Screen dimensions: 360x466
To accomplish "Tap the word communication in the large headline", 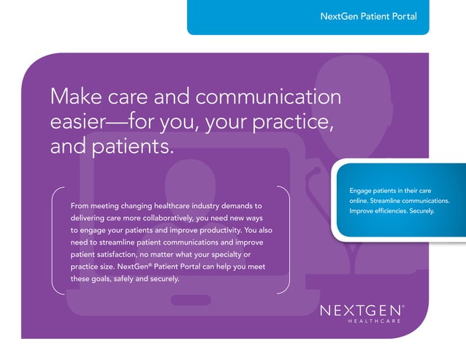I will point(268,96).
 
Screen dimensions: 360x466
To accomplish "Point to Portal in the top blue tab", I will point(402,16).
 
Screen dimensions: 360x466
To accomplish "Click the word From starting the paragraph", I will point(80,206).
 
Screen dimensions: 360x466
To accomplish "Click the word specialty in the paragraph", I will point(215,254).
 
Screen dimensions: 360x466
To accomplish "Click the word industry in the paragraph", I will point(210,206).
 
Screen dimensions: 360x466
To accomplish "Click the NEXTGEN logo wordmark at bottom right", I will point(361,310).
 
